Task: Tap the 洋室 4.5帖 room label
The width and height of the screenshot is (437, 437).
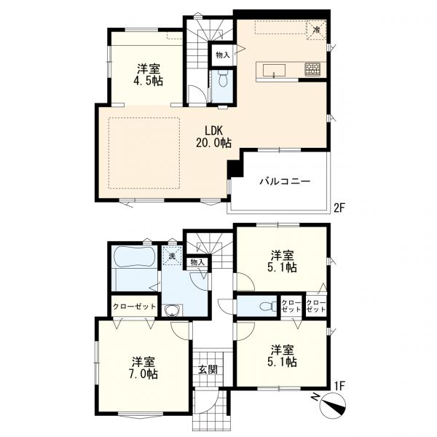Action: [x=149, y=75]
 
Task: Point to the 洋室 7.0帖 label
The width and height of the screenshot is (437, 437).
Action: [x=143, y=368]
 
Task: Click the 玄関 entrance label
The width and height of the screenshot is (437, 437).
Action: [x=208, y=369]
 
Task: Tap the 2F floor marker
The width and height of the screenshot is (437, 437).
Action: [x=339, y=208]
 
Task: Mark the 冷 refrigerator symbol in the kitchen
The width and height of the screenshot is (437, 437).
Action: [x=316, y=31]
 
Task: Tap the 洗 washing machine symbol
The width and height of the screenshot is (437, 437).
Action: [x=172, y=255]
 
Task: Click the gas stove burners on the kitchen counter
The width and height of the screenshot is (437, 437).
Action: [x=314, y=70]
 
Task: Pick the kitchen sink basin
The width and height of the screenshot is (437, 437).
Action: [x=275, y=70]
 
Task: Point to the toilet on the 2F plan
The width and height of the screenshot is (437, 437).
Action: [x=222, y=79]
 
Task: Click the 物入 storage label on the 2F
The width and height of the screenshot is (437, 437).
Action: [x=222, y=55]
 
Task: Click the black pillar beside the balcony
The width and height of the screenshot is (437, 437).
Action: [x=233, y=168]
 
